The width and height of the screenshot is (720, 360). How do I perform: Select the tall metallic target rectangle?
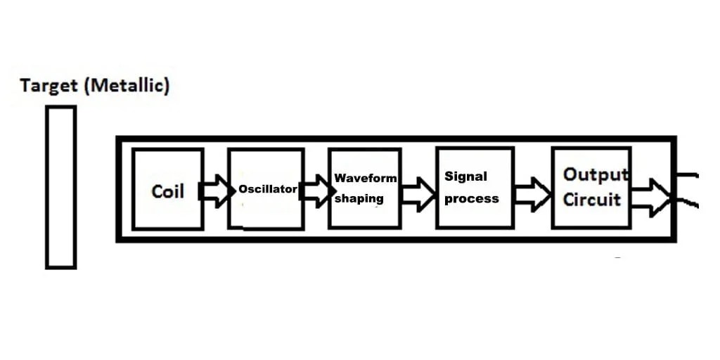pyautogui.click(x=60, y=187)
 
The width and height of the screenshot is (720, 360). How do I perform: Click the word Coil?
pyautogui.click(x=167, y=191)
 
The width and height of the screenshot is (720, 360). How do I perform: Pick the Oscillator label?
pyautogui.click(x=267, y=190)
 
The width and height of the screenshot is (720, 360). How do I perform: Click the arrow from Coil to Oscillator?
pyautogui.click(x=216, y=191)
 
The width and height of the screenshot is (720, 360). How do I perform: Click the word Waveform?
pyautogui.click(x=366, y=179)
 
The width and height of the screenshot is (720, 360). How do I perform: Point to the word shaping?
pyautogui.click(x=359, y=199)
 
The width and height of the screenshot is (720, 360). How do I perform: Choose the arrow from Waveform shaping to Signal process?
pyautogui.click(x=418, y=194)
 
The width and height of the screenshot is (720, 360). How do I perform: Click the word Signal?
pyautogui.click(x=465, y=176)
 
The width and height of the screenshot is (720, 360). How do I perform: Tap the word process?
pyautogui.click(x=471, y=200)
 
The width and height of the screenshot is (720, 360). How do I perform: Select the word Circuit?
pyautogui.click(x=591, y=199)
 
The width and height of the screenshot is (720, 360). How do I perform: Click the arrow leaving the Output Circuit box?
pyautogui.click(x=652, y=197)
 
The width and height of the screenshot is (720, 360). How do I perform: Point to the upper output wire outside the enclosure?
pyautogui.click(x=687, y=173)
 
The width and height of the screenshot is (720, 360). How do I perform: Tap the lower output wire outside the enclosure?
pyautogui.click(x=687, y=204)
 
